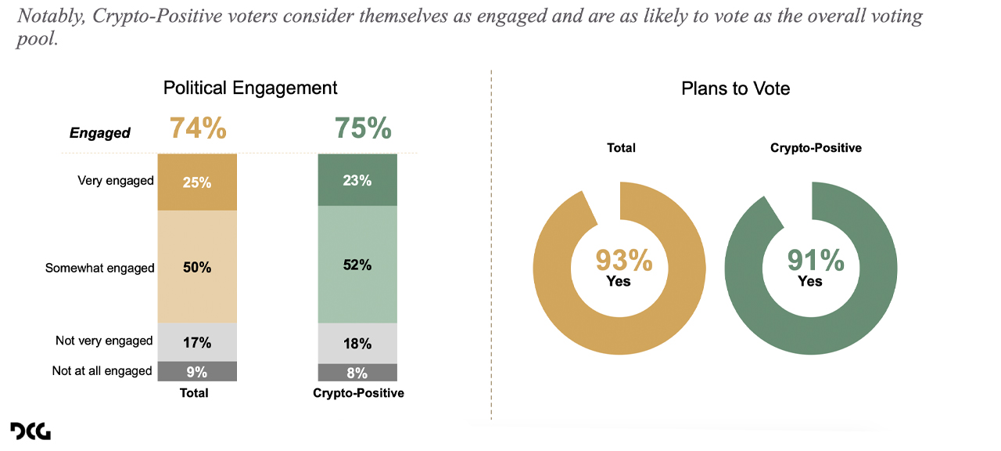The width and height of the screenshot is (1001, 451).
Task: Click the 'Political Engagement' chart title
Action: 250,88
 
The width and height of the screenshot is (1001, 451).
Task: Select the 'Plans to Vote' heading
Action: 735,88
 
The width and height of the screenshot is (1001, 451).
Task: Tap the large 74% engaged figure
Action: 198,128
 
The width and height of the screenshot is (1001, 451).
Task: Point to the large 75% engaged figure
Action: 363,128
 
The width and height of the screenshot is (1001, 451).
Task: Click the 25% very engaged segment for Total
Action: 197,182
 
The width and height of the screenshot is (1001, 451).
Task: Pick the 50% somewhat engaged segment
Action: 197,267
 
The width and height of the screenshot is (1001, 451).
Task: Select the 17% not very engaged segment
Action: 197,342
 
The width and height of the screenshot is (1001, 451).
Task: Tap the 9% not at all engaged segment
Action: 197,372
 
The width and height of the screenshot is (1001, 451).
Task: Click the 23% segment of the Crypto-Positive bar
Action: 357,180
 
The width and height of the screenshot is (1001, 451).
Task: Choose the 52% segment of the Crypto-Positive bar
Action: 357,265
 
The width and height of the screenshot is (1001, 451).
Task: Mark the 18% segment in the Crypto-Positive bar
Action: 357,344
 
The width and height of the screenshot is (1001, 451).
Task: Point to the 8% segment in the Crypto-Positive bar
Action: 357,373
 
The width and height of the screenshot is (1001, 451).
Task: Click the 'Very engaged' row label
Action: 116,181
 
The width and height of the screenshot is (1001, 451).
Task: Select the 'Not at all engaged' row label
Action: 102,371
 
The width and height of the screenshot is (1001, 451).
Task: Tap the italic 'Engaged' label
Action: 100,133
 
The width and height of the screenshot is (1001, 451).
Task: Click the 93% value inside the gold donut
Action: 624,260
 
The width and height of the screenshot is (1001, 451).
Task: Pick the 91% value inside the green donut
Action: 816,260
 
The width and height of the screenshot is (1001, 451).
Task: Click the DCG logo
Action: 30,431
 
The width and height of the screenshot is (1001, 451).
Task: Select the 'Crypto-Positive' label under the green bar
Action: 358,393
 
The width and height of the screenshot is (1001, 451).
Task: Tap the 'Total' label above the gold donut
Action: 621,147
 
